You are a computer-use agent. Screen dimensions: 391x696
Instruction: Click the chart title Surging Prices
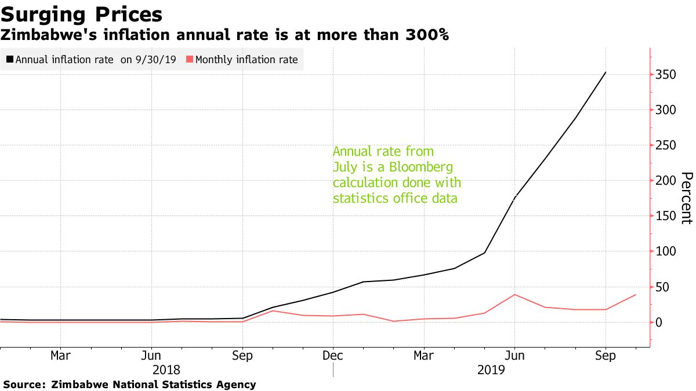coord(82,14)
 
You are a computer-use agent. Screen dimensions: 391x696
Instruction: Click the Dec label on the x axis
coord(333,356)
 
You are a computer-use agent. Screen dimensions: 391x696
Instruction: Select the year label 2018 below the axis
coord(166,370)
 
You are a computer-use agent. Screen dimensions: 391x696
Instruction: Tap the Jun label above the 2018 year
coord(151,356)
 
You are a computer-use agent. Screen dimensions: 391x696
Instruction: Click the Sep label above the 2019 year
coord(606,356)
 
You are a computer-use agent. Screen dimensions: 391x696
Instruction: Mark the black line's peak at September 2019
coord(606,72)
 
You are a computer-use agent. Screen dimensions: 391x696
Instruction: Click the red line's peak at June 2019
coord(514,295)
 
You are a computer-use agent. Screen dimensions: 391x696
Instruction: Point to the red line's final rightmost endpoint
coord(636,295)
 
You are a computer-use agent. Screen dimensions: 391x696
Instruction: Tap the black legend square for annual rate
coord(10,60)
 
